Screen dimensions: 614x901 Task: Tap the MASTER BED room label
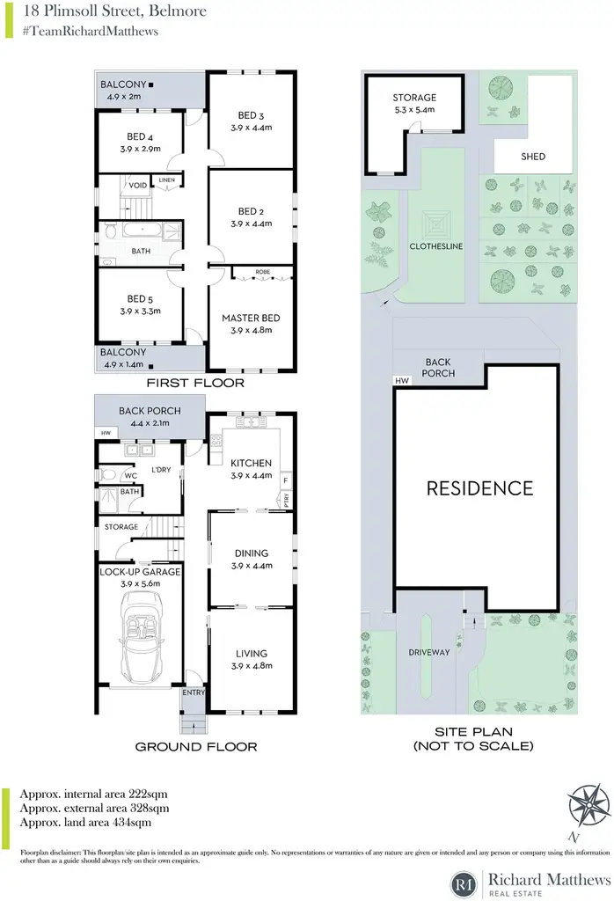251,318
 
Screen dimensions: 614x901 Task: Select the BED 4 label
140,136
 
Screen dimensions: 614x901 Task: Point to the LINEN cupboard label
166,179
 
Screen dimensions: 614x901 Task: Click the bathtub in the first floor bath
142,231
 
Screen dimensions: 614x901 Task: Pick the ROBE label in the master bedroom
262,272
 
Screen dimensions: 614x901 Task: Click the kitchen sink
251,422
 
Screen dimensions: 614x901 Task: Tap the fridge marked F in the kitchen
286,480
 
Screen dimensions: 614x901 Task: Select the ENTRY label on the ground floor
194,692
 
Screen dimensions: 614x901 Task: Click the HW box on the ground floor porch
106,433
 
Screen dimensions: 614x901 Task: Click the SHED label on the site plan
533,157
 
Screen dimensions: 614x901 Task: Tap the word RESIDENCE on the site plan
479,488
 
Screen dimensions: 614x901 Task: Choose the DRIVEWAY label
429,652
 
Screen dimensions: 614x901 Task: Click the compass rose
588,804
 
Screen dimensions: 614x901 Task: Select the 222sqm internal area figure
147,795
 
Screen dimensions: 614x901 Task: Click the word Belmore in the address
177,11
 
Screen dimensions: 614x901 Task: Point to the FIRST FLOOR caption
195,383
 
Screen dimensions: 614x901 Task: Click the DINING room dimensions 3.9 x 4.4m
252,566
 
